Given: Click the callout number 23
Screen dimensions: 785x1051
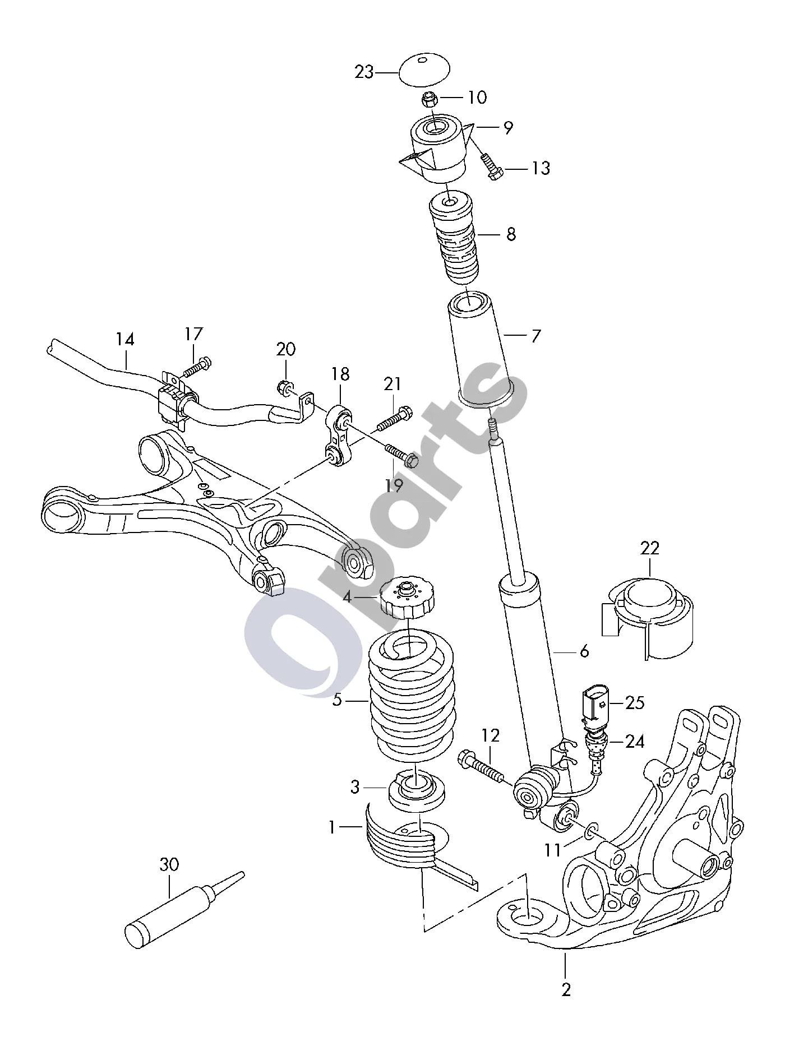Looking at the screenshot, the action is click(364, 72).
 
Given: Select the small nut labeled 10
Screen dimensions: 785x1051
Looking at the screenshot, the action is click(430, 101).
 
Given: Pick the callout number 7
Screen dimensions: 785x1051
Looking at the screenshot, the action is click(535, 336).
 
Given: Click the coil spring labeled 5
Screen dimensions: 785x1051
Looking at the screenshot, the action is click(412, 695).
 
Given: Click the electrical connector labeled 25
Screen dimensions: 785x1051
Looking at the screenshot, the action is click(596, 705).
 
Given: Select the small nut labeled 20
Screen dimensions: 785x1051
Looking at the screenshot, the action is click(284, 387).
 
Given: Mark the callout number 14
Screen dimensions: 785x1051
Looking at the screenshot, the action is click(126, 339).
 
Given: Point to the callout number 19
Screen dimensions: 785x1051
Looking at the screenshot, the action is click(394, 485).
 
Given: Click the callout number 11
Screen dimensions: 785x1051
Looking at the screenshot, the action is click(553, 850).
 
